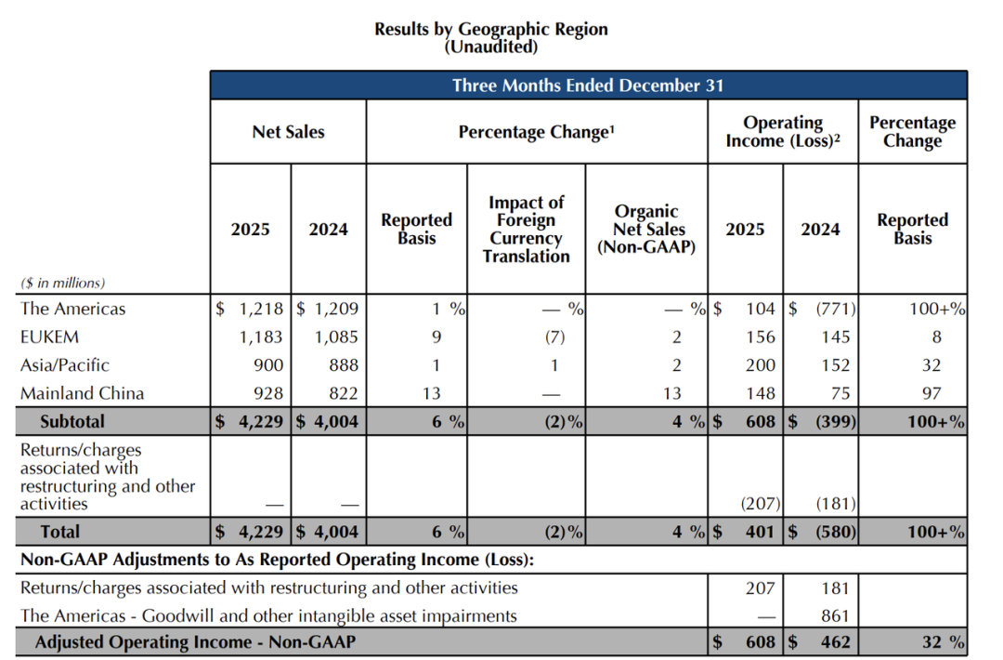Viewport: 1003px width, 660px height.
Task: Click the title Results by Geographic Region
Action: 490,29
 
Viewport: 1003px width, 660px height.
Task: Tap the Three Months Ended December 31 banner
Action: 588,86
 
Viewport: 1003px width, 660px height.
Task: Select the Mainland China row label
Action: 82,393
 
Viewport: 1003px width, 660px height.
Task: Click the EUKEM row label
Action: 46,337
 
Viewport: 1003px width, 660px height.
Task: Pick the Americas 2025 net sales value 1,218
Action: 261,310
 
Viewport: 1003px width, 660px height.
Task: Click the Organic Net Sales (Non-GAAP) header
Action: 646,229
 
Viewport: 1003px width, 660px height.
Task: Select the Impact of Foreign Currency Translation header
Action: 526,229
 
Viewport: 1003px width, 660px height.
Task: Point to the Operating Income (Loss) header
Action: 783,132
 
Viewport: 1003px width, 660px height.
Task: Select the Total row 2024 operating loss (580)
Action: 831,532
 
